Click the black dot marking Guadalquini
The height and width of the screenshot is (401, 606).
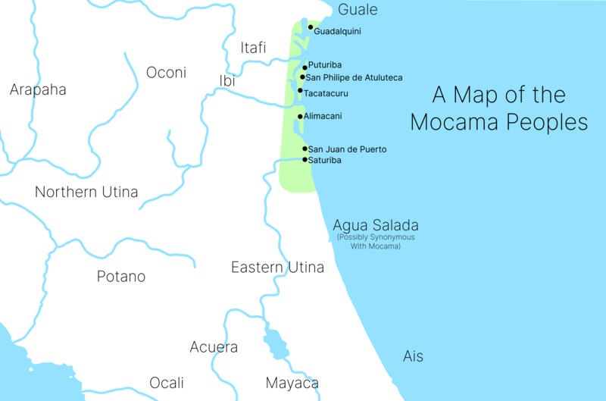(x=311, y=27)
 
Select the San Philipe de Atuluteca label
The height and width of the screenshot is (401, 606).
(x=354, y=77)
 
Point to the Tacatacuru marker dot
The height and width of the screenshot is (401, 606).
(x=300, y=91)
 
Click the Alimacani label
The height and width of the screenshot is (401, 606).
(x=323, y=116)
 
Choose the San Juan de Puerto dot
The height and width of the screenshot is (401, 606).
(x=305, y=149)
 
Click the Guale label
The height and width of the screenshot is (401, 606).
(x=358, y=10)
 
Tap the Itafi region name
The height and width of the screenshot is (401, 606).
(x=253, y=48)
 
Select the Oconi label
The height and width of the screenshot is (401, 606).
(x=166, y=73)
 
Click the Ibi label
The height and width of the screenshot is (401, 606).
(x=227, y=80)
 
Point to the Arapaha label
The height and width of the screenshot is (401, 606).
(x=38, y=89)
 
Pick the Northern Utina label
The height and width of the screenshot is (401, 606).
(x=86, y=192)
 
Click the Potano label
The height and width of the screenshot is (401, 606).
(x=121, y=276)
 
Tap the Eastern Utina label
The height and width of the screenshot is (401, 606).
(x=277, y=267)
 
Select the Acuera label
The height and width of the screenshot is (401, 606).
(x=214, y=347)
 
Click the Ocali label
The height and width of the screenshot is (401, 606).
(x=167, y=383)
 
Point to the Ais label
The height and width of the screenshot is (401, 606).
(x=413, y=356)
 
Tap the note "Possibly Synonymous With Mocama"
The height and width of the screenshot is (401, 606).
(x=376, y=242)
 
